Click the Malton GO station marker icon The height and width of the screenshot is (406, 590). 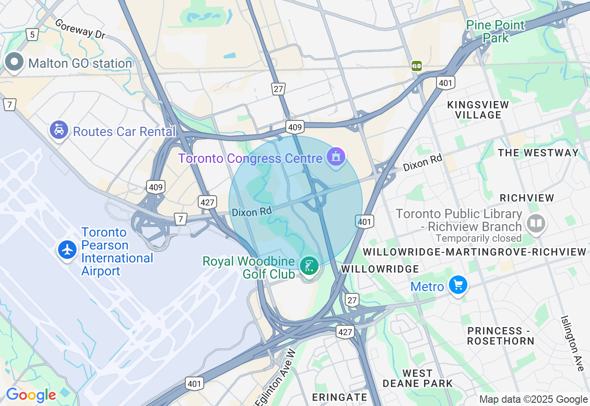tap(14, 62)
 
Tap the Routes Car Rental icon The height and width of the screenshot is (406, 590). tap(59, 130)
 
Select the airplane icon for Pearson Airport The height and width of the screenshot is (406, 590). tap(68, 250)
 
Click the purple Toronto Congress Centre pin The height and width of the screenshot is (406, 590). tap(336, 157)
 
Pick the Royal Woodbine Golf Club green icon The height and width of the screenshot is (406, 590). tap(309, 266)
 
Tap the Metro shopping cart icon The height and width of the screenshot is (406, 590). tap(458, 285)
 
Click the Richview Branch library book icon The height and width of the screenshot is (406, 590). tap(535, 224)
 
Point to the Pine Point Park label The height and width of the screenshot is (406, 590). tap(496, 31)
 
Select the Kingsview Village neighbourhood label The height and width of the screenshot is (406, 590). tap(478, 110)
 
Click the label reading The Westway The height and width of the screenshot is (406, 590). tap(538, 153)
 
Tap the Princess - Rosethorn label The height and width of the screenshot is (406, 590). tap(501, 336)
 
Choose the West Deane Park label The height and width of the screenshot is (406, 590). tap(418, 378)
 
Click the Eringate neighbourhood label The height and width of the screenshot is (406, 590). tap(340, 397)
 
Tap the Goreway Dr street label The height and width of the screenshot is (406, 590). tap(80, 29)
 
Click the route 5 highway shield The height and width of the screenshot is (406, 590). tap(32, 34)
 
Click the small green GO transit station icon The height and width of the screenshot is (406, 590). tap(417, 66)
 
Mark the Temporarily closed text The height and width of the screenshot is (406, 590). tap(478, 239)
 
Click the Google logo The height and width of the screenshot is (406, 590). tap(31, 395)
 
